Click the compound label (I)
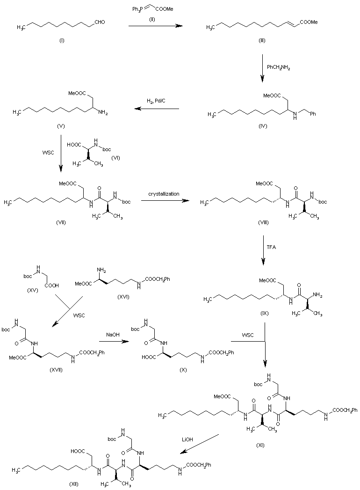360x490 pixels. pyautogui.click(x=62, y=41)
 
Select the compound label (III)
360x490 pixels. pyautogui.click(x=262, y=41)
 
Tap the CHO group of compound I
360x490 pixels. pyautogui.click(x=98, y=21)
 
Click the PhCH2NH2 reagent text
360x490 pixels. pyautogui.click(x=279, y=67)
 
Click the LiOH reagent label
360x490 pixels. pyautogui.click(x=188, y=439)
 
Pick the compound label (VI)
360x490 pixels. pyautogui.click(x=116, y=157)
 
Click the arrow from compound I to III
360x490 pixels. pyautogui.click(x=155, y=26)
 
